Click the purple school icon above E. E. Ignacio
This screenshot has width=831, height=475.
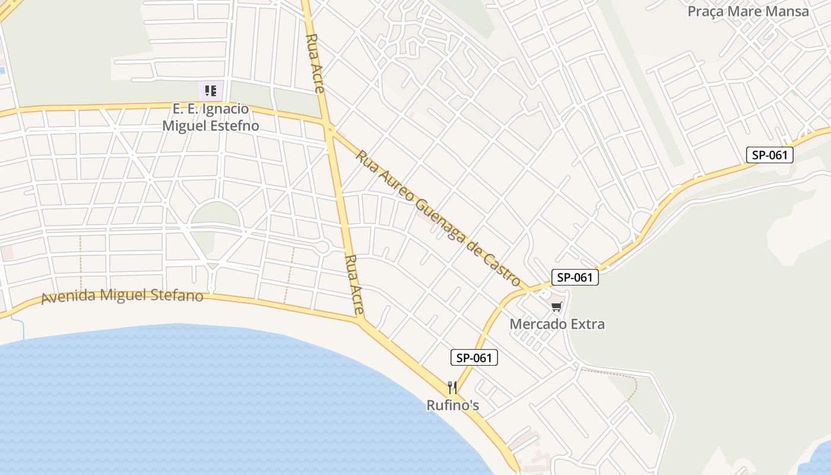[x=211, y=91]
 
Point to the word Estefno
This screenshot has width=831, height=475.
[x=236, y=126]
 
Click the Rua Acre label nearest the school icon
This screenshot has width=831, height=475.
[x=315, y=64]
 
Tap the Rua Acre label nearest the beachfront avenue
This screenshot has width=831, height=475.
[x=354, y=284]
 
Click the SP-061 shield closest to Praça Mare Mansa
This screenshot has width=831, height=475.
[x=769, y=155]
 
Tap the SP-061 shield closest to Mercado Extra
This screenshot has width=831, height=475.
[x=575, y=277]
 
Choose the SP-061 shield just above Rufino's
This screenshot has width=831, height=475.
[x=473, y=357]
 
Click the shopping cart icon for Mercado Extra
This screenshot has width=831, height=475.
[x=556, y=306]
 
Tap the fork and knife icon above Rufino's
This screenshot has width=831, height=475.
[x=452, y=388]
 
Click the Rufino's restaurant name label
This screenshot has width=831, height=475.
[x=452, y=406]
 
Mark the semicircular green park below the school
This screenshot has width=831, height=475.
[x=215, y=214]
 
